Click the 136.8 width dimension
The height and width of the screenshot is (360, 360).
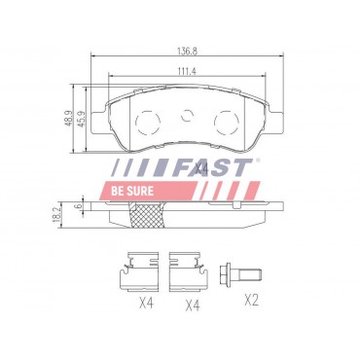click(x=187, y=51)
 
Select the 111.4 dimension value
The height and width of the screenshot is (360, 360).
click(x=187, y=71)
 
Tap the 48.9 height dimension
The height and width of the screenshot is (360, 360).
click(x=69, y=118)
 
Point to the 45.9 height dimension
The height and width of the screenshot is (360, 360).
click(x=82, y=118)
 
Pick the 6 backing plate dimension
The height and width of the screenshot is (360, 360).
click(x=78, y=205)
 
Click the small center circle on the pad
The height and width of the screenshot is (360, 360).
click(x=187, y=115)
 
